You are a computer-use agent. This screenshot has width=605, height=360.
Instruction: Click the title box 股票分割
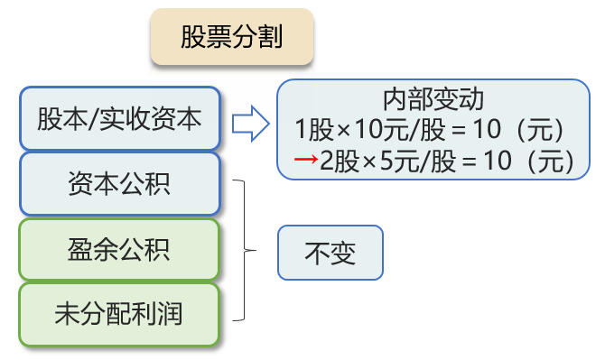tap(231, 38)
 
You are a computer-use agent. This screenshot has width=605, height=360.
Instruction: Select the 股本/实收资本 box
tap(119, 119)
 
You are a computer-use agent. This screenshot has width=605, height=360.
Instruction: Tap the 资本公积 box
tap(119, 185)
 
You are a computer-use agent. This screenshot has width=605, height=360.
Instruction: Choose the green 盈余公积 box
tap(119, 249)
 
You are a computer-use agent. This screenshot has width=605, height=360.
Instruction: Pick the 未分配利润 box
tap(119, 314)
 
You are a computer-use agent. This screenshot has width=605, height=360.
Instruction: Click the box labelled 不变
tap(330, 253)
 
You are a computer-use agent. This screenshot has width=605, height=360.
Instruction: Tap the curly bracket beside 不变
tap(244, 250)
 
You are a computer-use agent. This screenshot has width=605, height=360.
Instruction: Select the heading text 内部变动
tap(434, 98)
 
